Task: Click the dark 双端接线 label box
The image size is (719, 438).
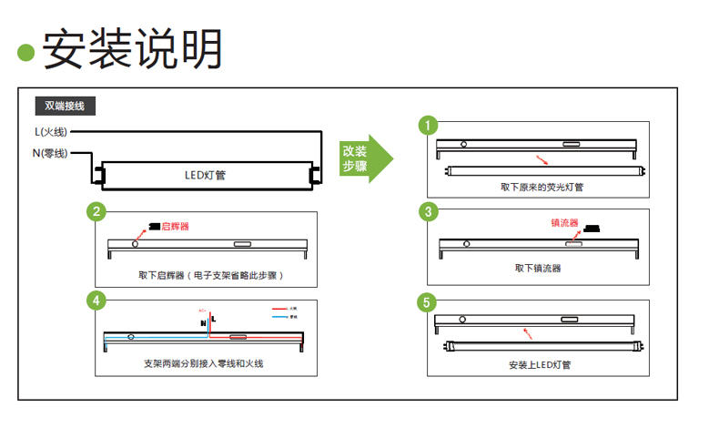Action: (x=64, y=106)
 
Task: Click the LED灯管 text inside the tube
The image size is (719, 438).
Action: (x=205, y=174)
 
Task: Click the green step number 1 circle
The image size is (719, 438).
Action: (x=427, y=124)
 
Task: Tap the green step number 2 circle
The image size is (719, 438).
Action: (x=95, y=212)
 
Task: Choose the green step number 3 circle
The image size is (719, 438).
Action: (x=427, y=212)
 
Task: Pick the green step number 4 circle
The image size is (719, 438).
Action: (x=95, y=300)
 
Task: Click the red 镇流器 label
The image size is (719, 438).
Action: (x=564, y=222)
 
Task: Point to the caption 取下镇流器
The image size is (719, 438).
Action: (x=538, y=268)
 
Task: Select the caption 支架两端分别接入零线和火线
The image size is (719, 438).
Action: (x=204, y=362)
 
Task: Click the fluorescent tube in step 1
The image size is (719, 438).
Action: (x=543, y=169)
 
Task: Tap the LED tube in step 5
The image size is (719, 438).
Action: (x=543, y=346)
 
